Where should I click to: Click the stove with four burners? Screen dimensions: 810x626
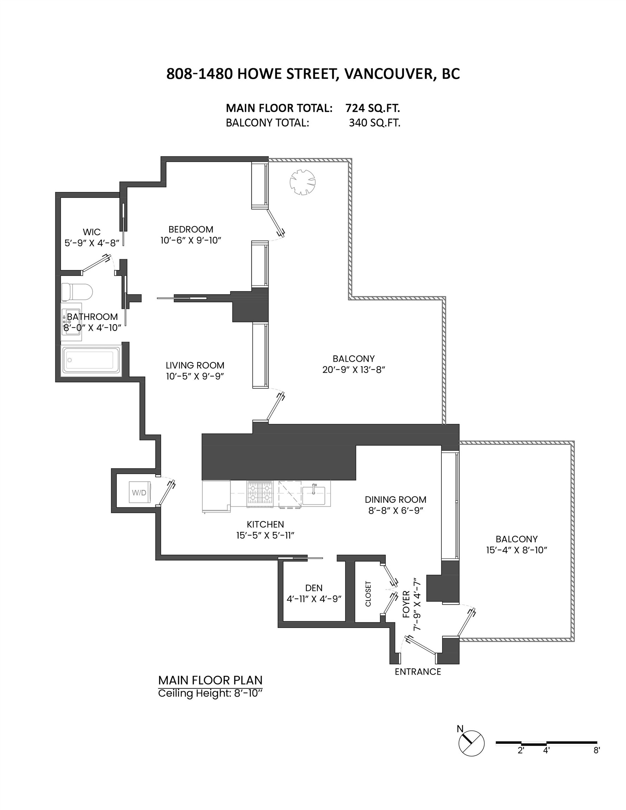260,493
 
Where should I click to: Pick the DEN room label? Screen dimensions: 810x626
314,587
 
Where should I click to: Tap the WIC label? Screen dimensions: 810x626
91,232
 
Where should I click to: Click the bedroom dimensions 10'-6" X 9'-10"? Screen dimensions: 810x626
190,240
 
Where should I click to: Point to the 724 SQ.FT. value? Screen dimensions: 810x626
372,108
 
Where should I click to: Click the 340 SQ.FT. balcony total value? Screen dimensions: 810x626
374,123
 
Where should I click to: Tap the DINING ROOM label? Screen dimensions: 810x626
395,499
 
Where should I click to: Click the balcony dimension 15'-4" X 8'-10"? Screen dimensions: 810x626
517,550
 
